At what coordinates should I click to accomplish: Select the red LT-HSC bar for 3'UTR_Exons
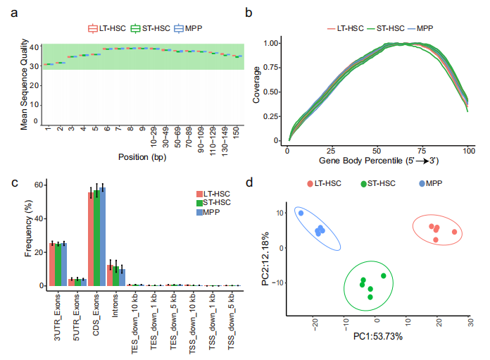pyautogui.click(x=51, y=264)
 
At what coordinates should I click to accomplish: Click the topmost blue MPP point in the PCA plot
pyautogui.click(x=301, y=213)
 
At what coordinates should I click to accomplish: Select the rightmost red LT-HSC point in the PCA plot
pyautogui.click(x=454, y=232)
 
